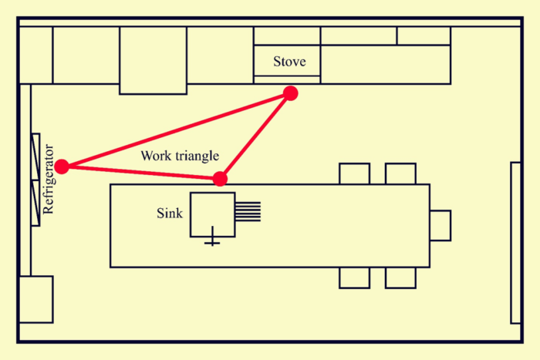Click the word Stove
click(x=289, y=61)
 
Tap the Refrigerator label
click(x=48, y=179)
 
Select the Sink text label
click(x=170, y=213)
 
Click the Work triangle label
click(x=180, y=156)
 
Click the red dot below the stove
click(x=290, y=93)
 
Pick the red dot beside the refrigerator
click(x=62, y=167)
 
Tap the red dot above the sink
click(x=220, y=179)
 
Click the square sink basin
click(x=213, y=215)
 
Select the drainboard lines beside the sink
click(x=248, y=211)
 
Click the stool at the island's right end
click(x=440, y=225)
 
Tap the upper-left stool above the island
click(x=354, y=173)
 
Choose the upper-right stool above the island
click(x=400, y=173)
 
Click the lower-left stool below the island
click(x=354, y=278)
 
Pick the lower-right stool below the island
click(x=400, y=278)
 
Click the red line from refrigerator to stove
click(x=177, y=130)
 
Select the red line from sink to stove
click(x=255, y=136)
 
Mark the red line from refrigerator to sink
click(x=141, y=173)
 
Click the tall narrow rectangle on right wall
click(x=515, y=243)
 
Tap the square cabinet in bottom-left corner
click(x=36, y=299)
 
